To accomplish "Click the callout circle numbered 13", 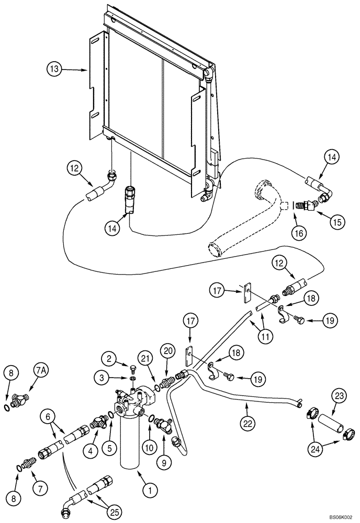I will (x=54, y=69).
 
